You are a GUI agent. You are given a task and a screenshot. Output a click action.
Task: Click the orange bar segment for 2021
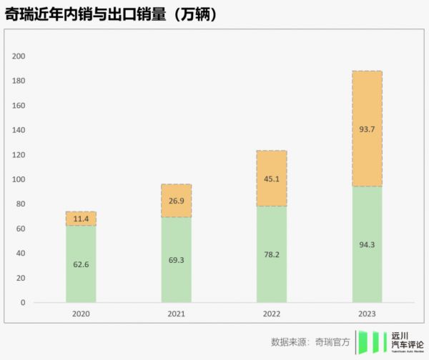pos(176,201)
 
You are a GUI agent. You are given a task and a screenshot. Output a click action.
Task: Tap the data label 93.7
pos(367,129)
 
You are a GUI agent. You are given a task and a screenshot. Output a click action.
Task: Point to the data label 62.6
pos(80,264)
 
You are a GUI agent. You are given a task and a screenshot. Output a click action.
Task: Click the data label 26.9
pos(176,201)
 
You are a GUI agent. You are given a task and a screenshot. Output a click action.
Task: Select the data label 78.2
pos(271,254)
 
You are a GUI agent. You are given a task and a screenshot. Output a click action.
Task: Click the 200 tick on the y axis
pos(19,56)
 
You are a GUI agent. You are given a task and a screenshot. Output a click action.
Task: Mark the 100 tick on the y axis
pos(19,179)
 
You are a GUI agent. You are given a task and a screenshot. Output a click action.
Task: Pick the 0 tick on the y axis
pos(23,302)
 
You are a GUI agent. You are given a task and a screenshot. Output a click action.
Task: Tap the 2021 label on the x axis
pos(176,314)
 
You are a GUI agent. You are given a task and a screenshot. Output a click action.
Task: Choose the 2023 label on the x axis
pos(367,314)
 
